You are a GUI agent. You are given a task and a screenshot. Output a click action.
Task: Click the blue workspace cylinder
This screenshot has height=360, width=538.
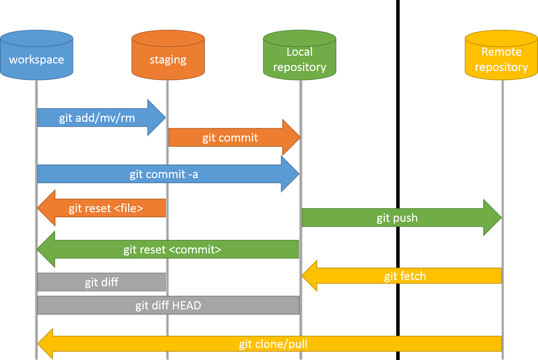coord(37,56)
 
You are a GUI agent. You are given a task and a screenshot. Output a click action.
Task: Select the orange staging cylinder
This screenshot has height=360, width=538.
coord(168,56)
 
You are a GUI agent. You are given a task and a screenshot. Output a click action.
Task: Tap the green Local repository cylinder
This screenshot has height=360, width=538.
coord(299,56)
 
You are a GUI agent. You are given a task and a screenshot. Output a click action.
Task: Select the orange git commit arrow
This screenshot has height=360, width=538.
coord(230,138)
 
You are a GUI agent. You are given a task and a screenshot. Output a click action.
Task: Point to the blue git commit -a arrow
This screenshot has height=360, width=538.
coord(164,174)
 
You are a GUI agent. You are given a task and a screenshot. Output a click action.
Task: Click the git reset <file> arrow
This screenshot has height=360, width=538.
coord(106,208)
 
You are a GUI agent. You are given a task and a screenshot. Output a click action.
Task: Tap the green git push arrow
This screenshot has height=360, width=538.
coord(397,218)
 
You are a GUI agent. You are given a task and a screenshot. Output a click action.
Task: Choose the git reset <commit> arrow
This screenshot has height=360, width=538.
coord(172,250)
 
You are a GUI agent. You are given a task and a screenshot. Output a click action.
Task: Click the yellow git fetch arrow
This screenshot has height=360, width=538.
coord(405,276)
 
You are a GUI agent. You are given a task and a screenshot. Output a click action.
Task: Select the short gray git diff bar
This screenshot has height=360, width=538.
coord(101,282)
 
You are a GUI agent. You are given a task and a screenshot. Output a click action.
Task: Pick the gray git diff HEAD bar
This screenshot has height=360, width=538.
coord(168,305)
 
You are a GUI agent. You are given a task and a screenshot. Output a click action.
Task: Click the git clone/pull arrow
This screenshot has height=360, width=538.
coord(273,344)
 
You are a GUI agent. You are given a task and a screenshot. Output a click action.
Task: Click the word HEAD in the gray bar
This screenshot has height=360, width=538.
coord(186,305)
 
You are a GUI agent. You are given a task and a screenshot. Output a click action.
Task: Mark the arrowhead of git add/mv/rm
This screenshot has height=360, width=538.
coord(158,118)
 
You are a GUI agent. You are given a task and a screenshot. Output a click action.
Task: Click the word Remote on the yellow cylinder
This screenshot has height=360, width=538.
coord(501,52)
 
